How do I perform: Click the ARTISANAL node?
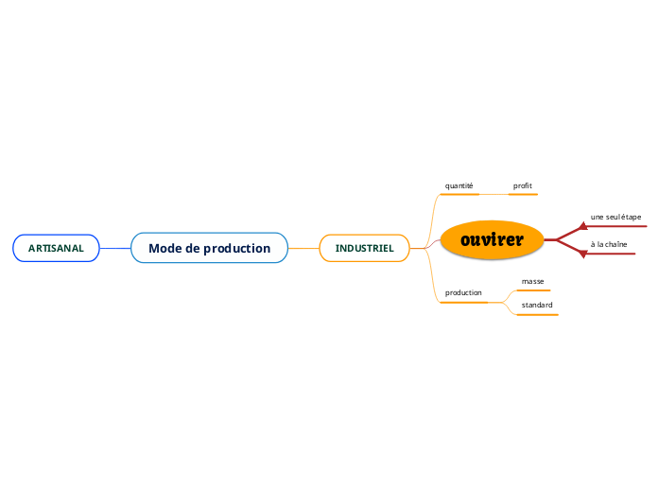pos(56,248)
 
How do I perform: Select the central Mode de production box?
pos(209,248)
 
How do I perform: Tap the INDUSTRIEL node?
pos(364,248)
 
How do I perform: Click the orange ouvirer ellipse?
pos(493,239)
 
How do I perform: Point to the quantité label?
pos(459,185)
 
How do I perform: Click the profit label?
pos(523,185)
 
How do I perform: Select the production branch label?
pos(463,292)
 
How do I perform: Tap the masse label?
pos(532,281)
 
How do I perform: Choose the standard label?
pos(537,305)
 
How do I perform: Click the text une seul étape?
pos(615,217)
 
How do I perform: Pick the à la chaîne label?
pos(609,244)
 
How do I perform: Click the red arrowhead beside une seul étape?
pos(583,227)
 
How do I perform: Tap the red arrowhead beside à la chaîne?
pos(583,254)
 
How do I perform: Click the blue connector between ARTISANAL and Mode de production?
pos(115,248)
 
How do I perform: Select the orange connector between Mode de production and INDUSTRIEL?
pos(303,248)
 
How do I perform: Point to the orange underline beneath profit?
pos(523,195)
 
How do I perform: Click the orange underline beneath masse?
pos(533,290)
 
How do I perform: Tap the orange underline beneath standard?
pos(538,315)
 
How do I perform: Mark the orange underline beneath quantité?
pos(459,195)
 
